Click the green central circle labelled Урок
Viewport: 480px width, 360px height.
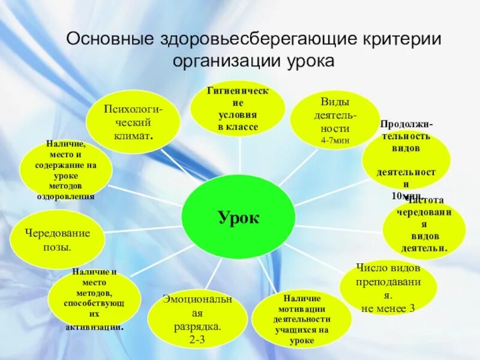click(238, 217)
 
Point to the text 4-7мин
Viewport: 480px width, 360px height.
click(335, 140)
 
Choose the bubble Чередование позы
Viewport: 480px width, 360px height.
click(58, 239)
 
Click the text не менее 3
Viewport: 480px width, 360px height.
click(388, 308)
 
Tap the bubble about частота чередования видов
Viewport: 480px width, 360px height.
click(425, 228)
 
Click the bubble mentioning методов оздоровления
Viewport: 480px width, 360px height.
click(66, 170)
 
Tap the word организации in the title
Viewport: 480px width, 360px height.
click(224, 61)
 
